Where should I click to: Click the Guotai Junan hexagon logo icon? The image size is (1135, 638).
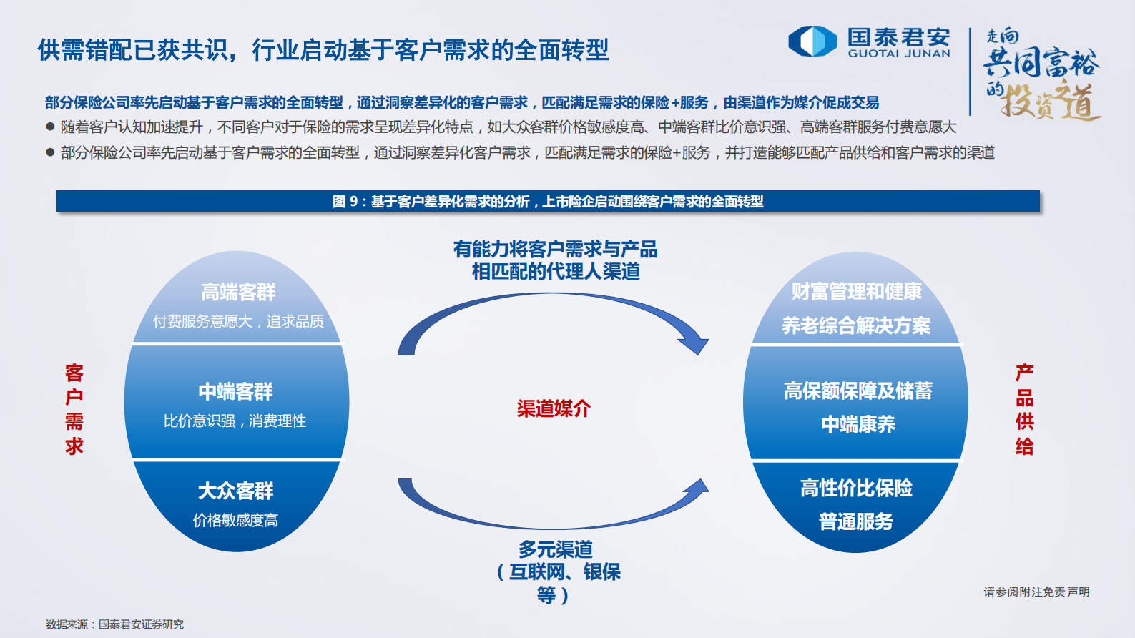point(812,41)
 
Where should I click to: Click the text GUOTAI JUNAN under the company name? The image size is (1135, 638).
point(899,54)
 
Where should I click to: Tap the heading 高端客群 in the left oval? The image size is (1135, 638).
point(238,292)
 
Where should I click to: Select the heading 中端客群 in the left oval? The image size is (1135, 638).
point(236,391)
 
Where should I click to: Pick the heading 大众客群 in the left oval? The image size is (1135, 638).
point(236,491)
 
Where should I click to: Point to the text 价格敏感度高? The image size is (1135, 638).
point(235,520)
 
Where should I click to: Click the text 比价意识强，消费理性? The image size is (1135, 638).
point(235,421)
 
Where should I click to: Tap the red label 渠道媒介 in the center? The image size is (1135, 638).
point(554,408)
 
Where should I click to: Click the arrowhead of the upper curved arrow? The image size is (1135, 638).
point(694,344)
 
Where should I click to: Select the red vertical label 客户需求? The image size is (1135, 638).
point(74,409)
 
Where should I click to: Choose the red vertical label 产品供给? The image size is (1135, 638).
point(1025,409)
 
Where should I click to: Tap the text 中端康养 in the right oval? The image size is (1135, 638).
point(858,424)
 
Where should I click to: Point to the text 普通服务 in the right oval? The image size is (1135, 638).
point(856,521)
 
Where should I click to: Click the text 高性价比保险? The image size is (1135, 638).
point(856,488)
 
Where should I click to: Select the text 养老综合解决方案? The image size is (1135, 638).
point(856,325)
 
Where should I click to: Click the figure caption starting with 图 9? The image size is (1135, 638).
point(548,202)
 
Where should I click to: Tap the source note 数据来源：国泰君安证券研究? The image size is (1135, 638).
point(115,624)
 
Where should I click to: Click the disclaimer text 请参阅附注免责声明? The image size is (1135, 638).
point(1036,592)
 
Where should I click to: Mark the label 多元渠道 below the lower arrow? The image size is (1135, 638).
point(556,549)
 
